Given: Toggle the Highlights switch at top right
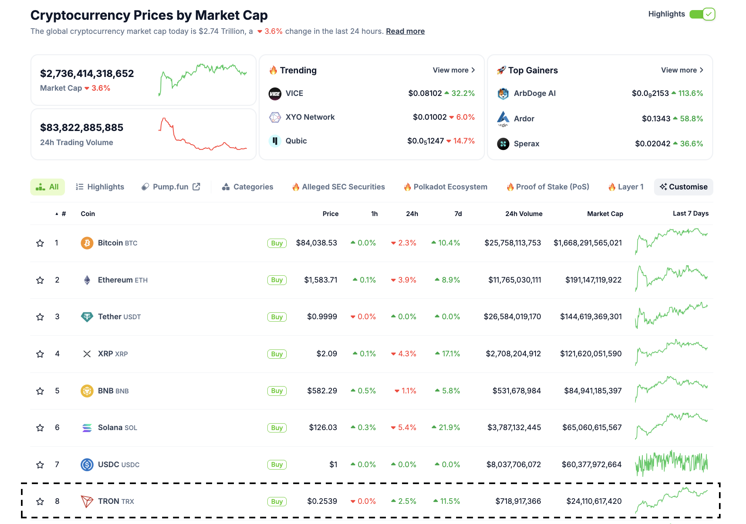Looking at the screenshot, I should [702, 14].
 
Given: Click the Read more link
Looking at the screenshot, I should [405, 31].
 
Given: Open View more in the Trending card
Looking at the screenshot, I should [454, 70].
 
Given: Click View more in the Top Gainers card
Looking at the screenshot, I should [682, 70].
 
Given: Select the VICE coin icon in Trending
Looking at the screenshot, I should [275, 94].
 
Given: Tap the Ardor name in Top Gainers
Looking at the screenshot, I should [524, 119].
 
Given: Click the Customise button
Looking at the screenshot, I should [683, 187].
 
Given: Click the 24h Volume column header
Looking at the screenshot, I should [523, 214].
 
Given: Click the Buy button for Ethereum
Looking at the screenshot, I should [277, 280].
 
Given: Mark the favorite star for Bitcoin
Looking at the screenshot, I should [40, 243].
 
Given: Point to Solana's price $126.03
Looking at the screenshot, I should [323, 427].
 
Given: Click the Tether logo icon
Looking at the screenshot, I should [87, 317].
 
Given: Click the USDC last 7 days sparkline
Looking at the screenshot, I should [671, 463].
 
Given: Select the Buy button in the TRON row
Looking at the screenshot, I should [277, 501].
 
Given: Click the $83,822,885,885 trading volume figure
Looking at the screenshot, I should [82, 128].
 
